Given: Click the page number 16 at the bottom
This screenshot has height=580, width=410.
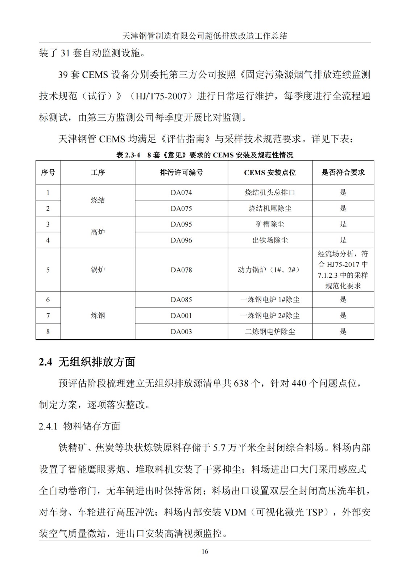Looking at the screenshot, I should [x=205, y=551].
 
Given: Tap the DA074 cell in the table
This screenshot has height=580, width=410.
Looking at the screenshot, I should [x=181, y=192].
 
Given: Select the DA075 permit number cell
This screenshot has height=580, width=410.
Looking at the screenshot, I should [x=181, y=208].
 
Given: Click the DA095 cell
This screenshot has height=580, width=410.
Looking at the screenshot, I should [x=181, y=224].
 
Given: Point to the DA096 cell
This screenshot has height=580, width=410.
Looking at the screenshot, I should [x=181, y=240].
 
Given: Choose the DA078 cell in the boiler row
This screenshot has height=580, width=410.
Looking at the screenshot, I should [x=181, y=270].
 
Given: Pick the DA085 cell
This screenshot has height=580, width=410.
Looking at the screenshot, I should [x=181, y=300].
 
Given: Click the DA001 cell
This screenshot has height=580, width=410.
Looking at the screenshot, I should [x=181, y=316].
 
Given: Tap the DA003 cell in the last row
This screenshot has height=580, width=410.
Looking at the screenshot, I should [x=181, y=332].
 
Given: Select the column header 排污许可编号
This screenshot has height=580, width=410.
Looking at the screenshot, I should [x=181, y=173].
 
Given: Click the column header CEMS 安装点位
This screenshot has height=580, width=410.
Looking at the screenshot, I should [x=270, y=173].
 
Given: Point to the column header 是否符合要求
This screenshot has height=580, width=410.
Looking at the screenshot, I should [x=343, y=173].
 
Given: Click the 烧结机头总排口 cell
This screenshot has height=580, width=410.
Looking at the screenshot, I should [x=270, y=192].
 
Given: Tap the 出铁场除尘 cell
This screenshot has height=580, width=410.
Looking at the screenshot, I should [x=270, y=240].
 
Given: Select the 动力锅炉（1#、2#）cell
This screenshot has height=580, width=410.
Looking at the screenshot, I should [x=270, y=270].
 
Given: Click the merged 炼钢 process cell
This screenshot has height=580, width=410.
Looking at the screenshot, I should [x=98, y=316].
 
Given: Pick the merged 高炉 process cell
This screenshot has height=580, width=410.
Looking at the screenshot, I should [x=98, y=232].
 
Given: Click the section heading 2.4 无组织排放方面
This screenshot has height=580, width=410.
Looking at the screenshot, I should [x=87, y=362].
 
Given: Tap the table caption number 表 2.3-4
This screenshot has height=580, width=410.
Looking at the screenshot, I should [x=128, y=155].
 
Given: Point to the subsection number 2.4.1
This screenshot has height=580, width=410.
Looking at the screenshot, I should [x=48, y=426].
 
